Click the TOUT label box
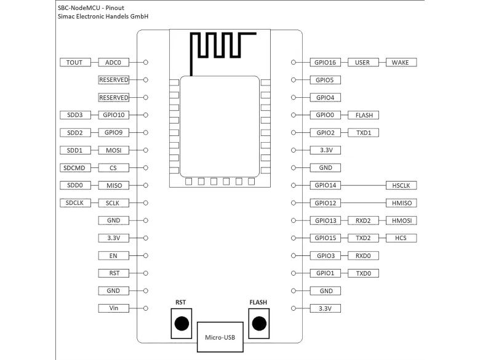pyautogui.click(x=75, y=62)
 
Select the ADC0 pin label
pyautogui.click(x=114, y=62)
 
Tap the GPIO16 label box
pyautogui.click(x=324, y=62)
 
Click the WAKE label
pyautogui.click(x=401, y=62)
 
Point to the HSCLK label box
pyautogui.click(x=401, y=185)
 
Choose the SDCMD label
pyautogui.click(x=75, y=168)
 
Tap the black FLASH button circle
pyautogui.click(x=258, y=324)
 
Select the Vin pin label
pyautogui.click(x=114, y=308)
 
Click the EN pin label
pyautogui.click(x=114, y=255)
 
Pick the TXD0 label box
pyautogui.click(x=363, y=273)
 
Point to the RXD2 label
pyautogui.click(x=363, y=220)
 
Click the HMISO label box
pyautogui.click(x=401, y=203)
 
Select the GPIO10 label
pyautogui.click(x=114, y=115)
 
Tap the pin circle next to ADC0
pyautogui.click(x=146, y=62)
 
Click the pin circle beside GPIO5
pyautogui.click(x=294, y=80)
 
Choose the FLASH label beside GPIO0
pyautogui.click(x=363, y=115)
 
